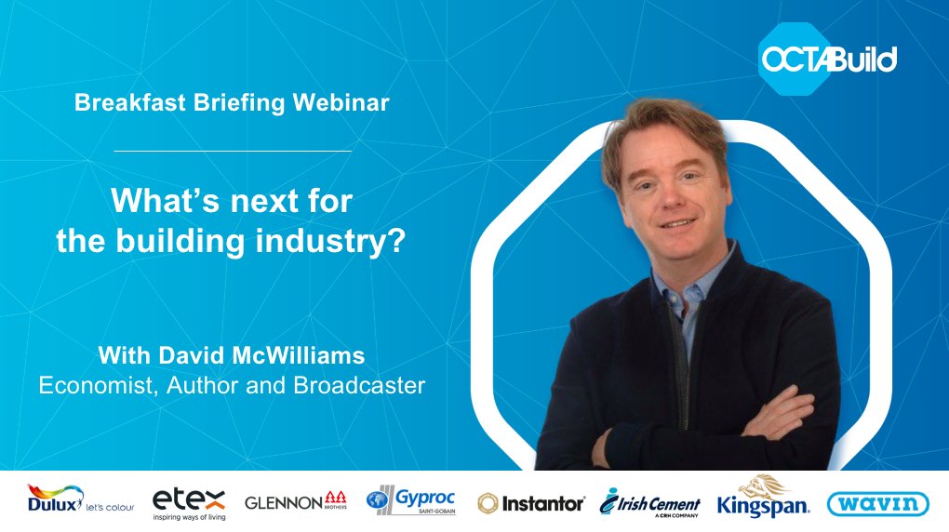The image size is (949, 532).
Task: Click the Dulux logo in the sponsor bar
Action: tap(81, 502)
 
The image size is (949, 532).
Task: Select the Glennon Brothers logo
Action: tap(296, 502)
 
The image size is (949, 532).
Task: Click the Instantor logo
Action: tap(530, 503)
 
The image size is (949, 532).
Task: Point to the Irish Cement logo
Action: tap(649, 503)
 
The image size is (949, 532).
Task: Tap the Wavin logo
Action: tap(877, 503)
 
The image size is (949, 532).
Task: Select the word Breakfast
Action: tap(126, 103)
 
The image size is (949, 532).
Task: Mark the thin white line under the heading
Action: tap(233, 150)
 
